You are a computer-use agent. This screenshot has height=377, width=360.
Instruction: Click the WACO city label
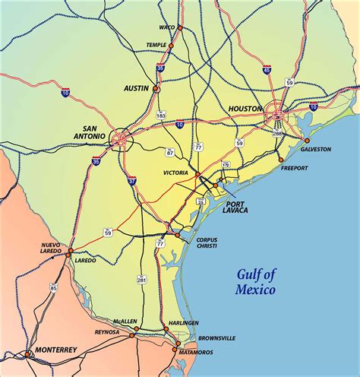click(x=166, y=28)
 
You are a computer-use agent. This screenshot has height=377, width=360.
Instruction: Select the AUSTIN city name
click(x=136, y=88)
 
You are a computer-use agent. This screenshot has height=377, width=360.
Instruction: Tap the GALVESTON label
click(x=317, y=149)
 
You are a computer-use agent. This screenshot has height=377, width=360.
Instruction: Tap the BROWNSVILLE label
click(x=216, y=337)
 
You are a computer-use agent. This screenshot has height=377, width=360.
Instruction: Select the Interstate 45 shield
click(x=267, y=70)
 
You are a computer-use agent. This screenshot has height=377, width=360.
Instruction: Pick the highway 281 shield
click(x=141, y=280)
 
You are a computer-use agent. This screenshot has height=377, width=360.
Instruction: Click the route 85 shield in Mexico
click(x=52, y=287)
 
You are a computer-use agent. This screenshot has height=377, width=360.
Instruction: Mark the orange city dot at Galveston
click(x=307, y=141)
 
